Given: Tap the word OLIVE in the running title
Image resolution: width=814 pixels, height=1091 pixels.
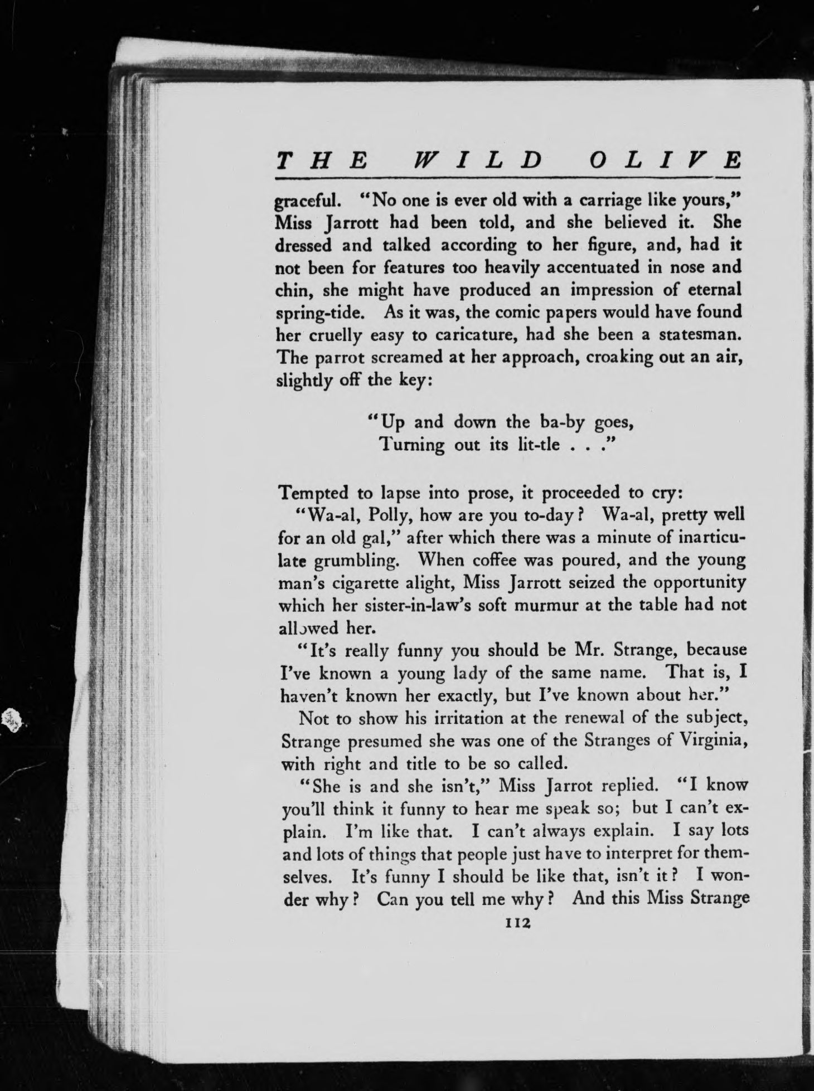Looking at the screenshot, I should point(665,162).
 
